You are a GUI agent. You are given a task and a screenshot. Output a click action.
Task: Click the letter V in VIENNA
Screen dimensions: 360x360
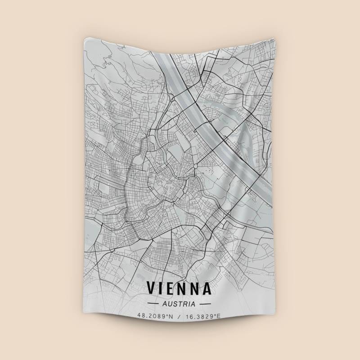(x=152, y=288)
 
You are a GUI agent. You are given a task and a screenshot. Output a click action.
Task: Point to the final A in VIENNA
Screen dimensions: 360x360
(x=207, y=288)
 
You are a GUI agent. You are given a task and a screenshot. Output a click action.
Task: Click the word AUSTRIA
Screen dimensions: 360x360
(x=180, y=304)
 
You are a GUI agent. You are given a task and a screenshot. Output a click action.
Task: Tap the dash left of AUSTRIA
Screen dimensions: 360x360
(x=153, y=304)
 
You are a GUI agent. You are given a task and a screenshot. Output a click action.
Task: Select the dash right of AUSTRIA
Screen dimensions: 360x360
(x=205, y=304)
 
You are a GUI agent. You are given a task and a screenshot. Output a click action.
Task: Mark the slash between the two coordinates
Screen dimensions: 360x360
(x=179, y=316)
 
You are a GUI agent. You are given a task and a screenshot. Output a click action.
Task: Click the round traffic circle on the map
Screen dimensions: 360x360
(x=195, y=167)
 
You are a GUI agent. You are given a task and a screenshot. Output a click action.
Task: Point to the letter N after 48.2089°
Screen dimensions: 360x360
(x=171, y=316)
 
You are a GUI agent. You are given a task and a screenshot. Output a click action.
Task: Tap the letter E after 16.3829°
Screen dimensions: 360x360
(x=219, y=316)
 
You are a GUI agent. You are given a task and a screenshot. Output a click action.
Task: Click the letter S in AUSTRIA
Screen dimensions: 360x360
(x=174, y=304)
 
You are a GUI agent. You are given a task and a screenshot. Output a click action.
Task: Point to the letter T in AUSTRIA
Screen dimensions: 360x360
(x=180, y=304)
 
